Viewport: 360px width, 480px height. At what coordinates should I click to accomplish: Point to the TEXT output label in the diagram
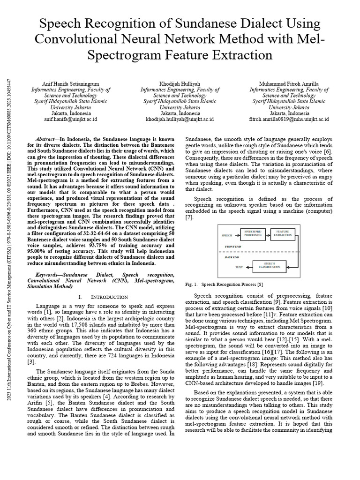[240, 267]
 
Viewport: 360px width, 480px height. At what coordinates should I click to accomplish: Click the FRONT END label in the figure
[233, 246]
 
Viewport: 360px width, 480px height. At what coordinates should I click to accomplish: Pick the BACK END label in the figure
[232, 257]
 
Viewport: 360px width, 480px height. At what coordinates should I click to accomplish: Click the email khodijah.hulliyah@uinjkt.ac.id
[180, 119]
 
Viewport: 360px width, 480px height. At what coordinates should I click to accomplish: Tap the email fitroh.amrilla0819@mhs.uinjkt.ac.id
[289, 119]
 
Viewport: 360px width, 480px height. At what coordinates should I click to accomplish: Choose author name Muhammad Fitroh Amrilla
[289, 83]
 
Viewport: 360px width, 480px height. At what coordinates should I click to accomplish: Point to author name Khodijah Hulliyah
[180, 83]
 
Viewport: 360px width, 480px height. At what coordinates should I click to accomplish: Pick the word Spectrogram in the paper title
[125, 54]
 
